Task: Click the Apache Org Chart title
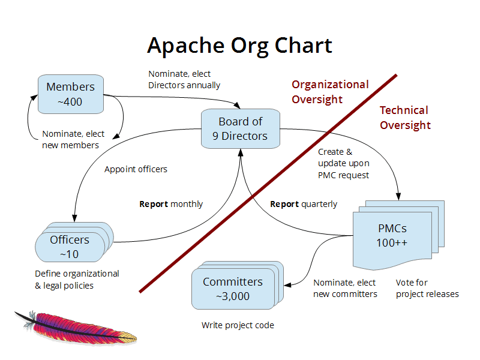239,46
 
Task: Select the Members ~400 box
70,94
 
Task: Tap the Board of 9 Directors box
241,128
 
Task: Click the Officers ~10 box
70,247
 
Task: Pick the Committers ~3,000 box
233,289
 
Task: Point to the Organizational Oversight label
330,92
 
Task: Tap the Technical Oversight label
405,118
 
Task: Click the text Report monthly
171,204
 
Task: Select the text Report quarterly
304,204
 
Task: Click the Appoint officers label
136,169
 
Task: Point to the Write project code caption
238,325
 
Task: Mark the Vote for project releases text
427,288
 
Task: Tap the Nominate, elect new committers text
345,288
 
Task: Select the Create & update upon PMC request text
344,163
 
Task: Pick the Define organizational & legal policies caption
77,280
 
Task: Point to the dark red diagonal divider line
268,184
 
